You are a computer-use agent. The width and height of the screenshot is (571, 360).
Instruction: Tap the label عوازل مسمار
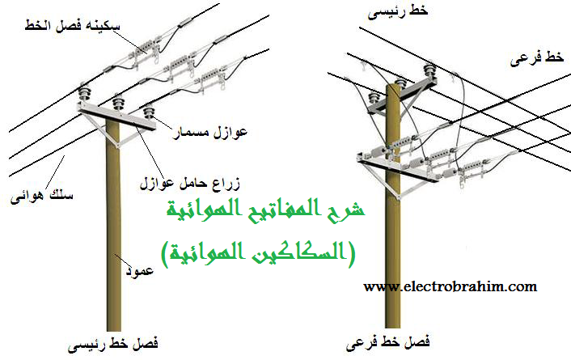click(201, 131)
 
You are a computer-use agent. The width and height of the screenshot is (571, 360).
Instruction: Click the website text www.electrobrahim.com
click(450, 286)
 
